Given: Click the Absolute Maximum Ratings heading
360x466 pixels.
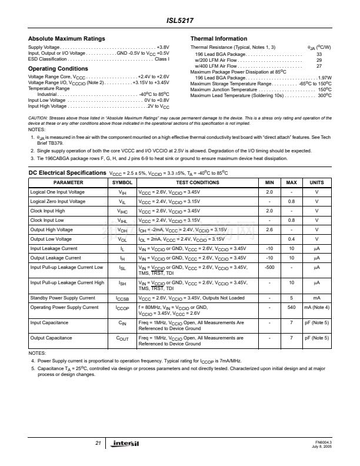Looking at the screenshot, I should tap(66, 39).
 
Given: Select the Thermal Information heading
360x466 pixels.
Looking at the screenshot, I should tap(218, 39).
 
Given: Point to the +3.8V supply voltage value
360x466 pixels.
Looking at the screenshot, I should tap(163, 46).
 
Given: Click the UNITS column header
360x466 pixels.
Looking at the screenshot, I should tap(316, 183).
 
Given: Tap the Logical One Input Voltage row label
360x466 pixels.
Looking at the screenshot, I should tap(57, 192).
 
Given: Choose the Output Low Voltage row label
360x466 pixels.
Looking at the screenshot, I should tap(51, 239).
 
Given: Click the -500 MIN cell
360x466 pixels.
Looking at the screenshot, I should tap(269, 268).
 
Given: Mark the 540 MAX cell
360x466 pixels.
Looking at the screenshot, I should tap(291, 307).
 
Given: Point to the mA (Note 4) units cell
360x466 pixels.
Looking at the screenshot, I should tap(316, 307).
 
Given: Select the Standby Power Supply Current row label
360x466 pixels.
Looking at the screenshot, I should tap(62, 298).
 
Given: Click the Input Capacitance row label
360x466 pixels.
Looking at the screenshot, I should tap(49, 322).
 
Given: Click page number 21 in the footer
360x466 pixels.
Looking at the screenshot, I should tap(98, 442).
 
